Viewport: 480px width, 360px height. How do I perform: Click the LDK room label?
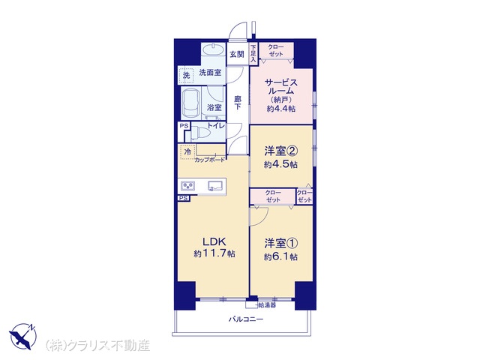(214, 241)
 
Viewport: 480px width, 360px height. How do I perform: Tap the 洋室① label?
(281, 244)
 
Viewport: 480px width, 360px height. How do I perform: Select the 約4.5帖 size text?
(280, 165)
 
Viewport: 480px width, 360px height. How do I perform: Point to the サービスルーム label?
(280, 87)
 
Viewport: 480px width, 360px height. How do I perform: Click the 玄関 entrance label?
(237, 55)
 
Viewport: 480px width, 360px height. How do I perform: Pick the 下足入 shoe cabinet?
(253, 53)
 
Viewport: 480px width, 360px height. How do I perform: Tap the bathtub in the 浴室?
(190, 103)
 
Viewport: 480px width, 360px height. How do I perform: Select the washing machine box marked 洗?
(186, 75)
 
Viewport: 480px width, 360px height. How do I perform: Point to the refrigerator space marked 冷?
(187, 151)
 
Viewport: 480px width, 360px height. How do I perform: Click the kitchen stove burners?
(188, 186)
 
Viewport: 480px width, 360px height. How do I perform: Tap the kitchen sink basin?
(215, 185)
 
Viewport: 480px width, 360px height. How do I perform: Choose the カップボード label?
(210, 160)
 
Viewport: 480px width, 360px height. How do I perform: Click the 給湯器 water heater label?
(267, 305)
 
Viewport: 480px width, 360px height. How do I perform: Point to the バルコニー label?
(246, 319)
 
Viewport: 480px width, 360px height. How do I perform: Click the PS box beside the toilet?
(184, 126)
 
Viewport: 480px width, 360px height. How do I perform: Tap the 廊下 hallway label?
(238, 103)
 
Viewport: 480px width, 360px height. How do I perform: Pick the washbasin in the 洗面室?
(213, 49)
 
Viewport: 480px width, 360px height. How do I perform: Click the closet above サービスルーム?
(276, 50)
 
